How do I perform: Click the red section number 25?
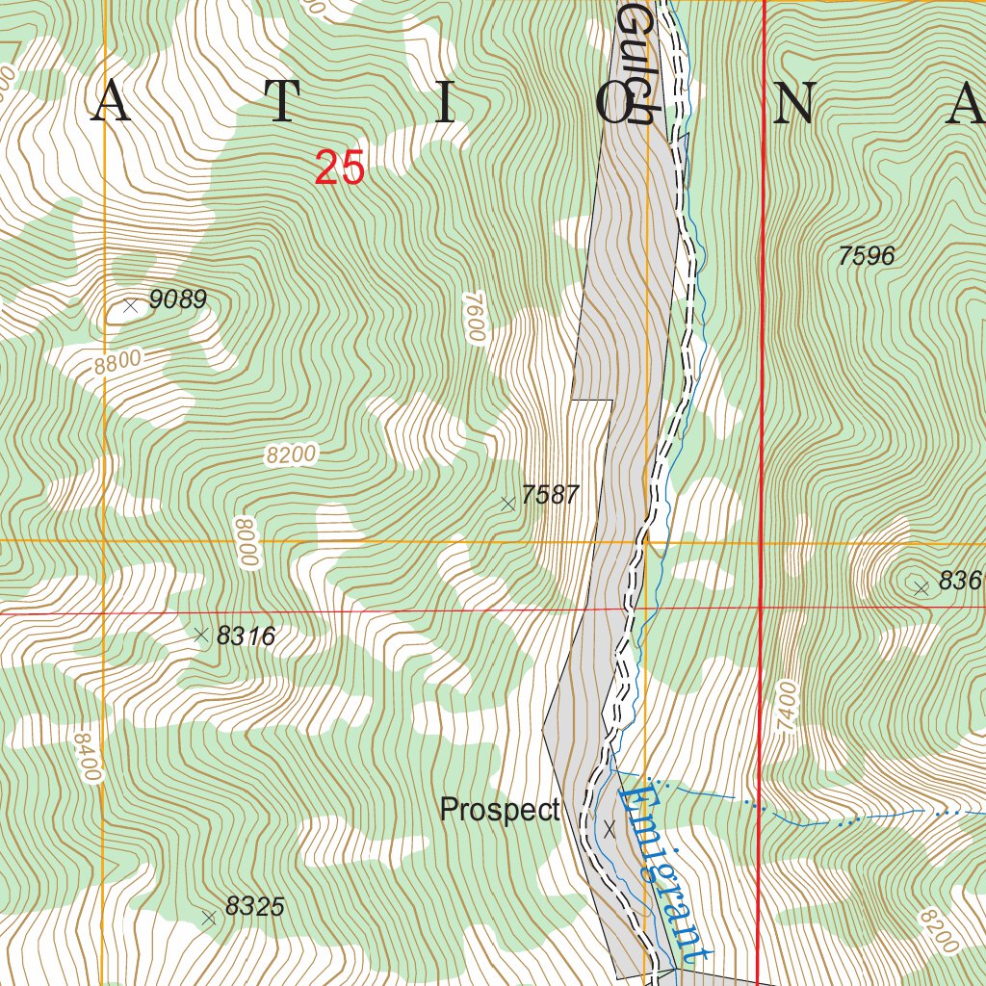(340, 169)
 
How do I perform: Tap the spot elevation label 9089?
(178, 299)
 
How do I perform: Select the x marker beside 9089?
(131, 305)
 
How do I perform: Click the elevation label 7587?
(550, 495)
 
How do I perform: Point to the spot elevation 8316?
(246, 636)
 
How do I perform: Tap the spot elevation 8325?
(254, 907)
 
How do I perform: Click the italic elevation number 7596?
(866, 256)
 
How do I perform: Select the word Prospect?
(500, 811)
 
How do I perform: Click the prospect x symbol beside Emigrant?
(609, 827)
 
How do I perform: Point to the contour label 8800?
(118, 363)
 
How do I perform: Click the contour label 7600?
(472, 317)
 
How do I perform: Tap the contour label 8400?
(86, 757)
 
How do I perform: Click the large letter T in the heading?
(281, 103)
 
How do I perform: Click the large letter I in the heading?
(444, 103)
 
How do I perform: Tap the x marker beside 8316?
(201, 635)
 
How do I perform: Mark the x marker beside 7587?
(507, 503)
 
